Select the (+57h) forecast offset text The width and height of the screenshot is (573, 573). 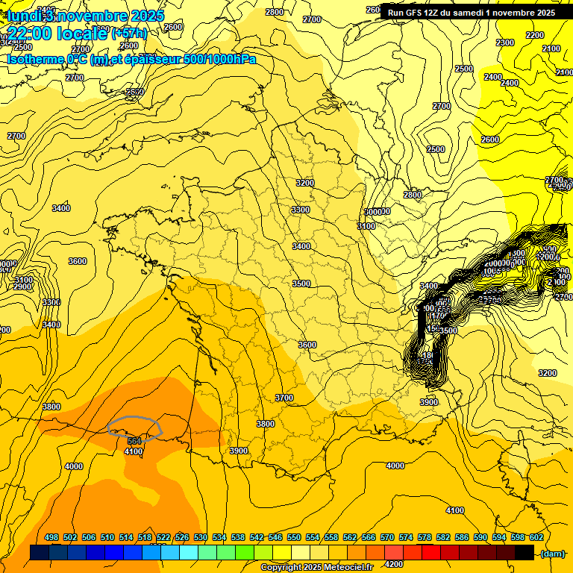(x=129, y=34)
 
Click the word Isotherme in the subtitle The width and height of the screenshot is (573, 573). (x=34, y=59)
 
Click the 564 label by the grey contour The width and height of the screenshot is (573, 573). (x=134, y=442)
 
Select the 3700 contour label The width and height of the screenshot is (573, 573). (x=284, y=398)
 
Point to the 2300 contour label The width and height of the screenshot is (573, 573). (x=505, y=43)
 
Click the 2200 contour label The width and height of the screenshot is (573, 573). (x=534, y=35)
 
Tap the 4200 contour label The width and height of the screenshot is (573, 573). (x=393, y=564)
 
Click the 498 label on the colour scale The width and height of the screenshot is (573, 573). (x=51, y=538)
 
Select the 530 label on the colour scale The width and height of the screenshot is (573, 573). (x=201, y=538)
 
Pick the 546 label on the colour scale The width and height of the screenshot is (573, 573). (x=275, y=538)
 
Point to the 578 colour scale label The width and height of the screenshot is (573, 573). (x=425, y=538)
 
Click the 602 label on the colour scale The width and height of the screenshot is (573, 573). (x=536, y=538)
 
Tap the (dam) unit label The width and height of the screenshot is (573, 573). (x=553, y=553)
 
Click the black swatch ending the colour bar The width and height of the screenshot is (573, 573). (x=525, y=553)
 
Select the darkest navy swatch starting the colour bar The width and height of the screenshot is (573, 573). (x=40, y=553)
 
